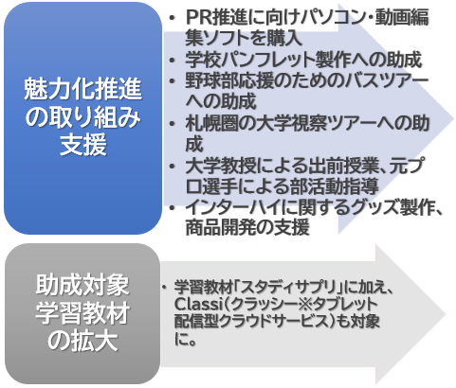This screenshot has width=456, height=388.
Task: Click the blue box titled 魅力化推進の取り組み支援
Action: click(82, 118)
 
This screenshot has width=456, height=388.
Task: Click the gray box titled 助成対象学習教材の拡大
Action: click(82, 313)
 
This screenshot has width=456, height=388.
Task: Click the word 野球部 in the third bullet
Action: click(212, 80)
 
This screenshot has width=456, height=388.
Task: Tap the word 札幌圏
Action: click(212, 123)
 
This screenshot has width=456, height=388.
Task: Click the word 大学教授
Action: click(221, 166)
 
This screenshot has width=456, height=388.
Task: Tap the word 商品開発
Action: click(221, 228)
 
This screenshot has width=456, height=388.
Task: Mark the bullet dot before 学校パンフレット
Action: click(172, 60)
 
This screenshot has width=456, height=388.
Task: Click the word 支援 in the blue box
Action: click(83, 145)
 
